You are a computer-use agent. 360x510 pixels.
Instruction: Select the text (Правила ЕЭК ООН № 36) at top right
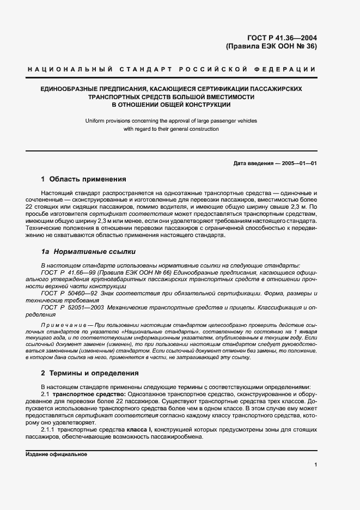tap(271, 46)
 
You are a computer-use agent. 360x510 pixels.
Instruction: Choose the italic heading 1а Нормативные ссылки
tap(84, 252)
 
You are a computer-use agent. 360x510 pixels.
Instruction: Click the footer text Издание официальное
tap(56, 454)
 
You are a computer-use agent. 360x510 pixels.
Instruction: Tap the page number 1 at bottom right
tap(315, 464)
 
